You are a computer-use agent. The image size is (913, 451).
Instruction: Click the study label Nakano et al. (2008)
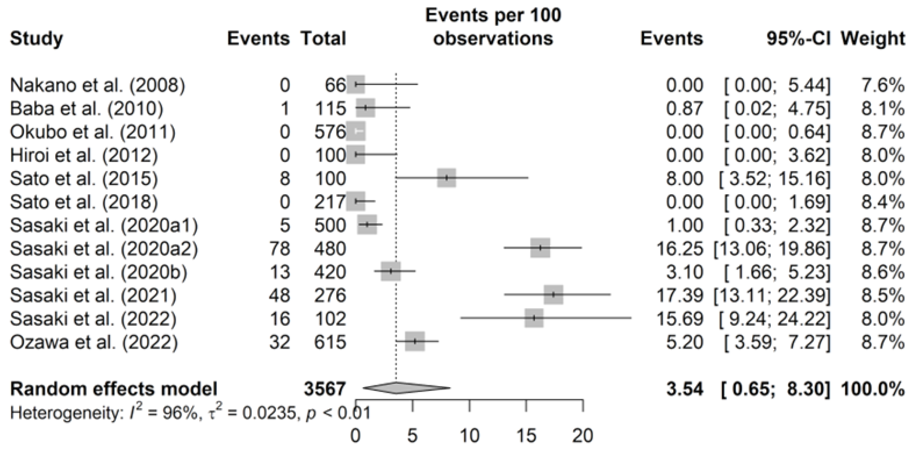[x=97, y=85]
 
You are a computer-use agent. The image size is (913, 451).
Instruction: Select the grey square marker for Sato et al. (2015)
[x=446, y=178]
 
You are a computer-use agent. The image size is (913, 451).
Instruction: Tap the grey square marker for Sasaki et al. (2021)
[x=553, y=295]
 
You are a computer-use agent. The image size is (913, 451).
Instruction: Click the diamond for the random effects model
[x=406, y=388]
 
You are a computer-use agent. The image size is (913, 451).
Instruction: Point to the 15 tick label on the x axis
[x=526, y=435]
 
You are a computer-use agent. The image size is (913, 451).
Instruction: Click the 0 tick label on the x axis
[x=356, y=435]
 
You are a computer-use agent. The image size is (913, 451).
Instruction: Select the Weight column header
[x=873, y=38]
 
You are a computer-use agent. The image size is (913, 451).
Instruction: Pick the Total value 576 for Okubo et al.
[x=329, y=132]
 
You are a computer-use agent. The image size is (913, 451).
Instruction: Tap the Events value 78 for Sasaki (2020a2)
[x=280, y=249]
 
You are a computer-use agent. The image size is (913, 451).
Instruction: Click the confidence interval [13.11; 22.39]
[x=772, y=295]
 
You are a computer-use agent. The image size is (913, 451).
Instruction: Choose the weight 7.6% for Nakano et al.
[x=883, y=85]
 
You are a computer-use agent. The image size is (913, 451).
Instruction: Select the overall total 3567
[x=324, y=389]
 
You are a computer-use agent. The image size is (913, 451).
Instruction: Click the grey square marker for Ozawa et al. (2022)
[x=415, y=342]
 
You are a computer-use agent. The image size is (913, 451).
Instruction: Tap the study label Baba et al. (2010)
[x=87, y=109]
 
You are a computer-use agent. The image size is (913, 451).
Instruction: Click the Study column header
[x=37, y=38]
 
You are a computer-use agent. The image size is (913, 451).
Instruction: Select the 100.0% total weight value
[x=873, y=389]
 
